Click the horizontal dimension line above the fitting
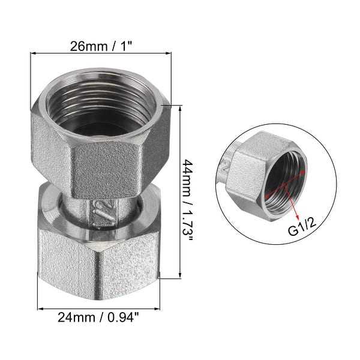100,54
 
